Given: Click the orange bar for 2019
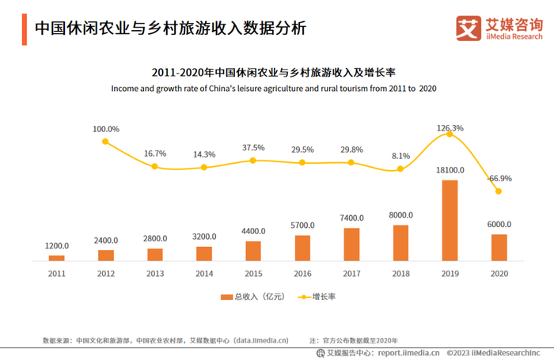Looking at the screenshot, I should pos(450,220).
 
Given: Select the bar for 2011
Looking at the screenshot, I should pos(56,258).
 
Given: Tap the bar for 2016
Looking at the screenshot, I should pos(302,248).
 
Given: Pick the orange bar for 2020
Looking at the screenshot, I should pos(499,247).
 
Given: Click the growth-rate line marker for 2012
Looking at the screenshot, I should pos(105,142).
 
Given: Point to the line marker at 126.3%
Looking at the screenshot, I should pos(450,135).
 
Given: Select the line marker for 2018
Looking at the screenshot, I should pos(400,169).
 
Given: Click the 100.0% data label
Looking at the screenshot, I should pos(105,129).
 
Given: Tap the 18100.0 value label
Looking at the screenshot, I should pos(450,170).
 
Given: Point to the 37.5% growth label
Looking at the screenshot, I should pos(253,147).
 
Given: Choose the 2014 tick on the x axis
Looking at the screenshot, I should pos(203,273).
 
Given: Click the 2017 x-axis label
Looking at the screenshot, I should pos(351,273).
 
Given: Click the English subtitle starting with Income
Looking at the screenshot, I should pos(276,88).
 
